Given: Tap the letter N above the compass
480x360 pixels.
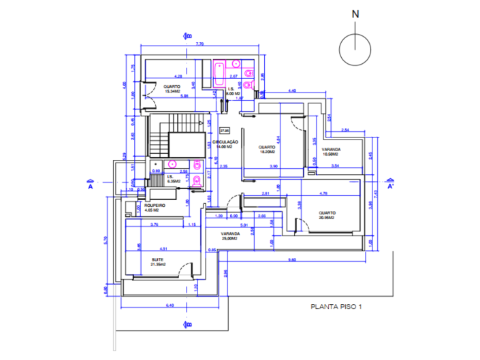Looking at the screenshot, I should [354, 13].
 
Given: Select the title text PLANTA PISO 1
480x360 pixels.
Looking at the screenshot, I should [336, 308].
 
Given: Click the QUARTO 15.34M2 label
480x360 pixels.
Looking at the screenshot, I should [171, 88].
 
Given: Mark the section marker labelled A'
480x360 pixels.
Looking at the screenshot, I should [390, 185].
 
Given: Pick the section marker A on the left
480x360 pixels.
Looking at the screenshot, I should [90, 184].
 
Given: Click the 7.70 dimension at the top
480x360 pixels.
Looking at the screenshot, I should [199, 44].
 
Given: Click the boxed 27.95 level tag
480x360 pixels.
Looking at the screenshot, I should [224, 130].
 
